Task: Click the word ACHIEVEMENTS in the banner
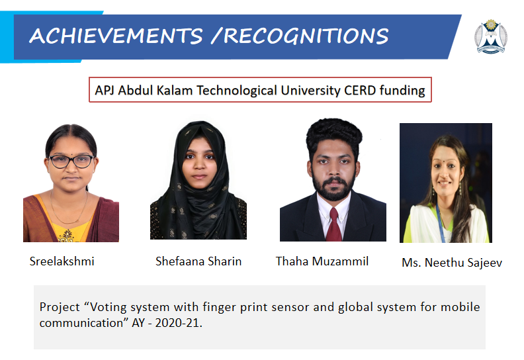116,36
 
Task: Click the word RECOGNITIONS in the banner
306,36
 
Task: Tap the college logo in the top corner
490,36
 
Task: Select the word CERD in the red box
360,90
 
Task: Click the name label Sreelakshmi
62,261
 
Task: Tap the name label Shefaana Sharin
198,261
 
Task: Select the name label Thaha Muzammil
322,261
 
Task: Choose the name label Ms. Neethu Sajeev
452,263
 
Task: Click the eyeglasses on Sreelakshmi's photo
71,161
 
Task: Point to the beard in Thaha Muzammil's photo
333,188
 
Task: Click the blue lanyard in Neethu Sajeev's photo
440,222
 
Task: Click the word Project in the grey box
60,307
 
